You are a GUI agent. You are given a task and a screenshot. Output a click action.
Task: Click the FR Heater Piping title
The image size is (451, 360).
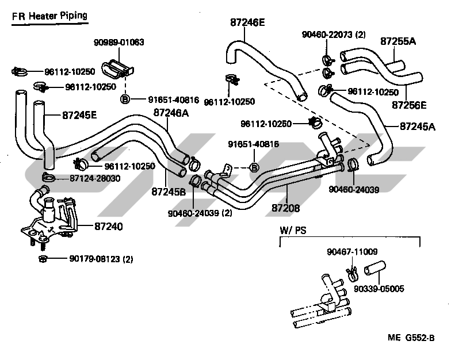[50, 16]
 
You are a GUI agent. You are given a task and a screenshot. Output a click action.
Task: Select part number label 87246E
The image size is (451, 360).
[247, 24]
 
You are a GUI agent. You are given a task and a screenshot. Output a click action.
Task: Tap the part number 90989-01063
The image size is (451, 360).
[119, 43]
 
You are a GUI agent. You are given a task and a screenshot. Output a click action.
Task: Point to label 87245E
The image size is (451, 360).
[79, 115]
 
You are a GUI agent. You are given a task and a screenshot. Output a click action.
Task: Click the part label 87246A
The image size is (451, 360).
[171, 113]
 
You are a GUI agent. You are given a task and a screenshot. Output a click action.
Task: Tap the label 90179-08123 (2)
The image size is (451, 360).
[94, 259]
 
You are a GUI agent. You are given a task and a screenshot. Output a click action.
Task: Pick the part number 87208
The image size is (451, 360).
[286, 207]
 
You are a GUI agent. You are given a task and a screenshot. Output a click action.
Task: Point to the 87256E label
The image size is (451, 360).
[409, 105]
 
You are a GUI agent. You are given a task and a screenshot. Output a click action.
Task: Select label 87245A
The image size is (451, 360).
[417, 127]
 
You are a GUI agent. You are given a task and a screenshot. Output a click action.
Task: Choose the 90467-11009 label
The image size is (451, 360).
[352, 251]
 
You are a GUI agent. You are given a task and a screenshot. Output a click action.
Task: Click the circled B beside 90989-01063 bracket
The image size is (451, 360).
[125, 99]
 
